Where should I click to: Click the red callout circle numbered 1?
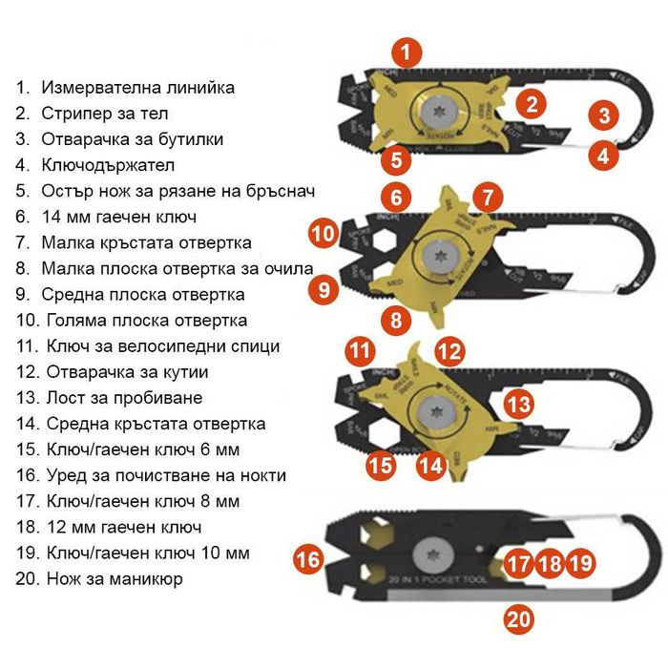click(407, 52)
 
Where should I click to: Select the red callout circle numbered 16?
click(308, 559)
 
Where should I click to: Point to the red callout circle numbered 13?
click(518, 404)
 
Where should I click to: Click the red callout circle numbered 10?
click(324, 232)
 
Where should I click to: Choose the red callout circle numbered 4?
click(602, 154)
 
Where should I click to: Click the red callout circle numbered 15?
click(381, 465)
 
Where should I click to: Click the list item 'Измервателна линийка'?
click(137, 88)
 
